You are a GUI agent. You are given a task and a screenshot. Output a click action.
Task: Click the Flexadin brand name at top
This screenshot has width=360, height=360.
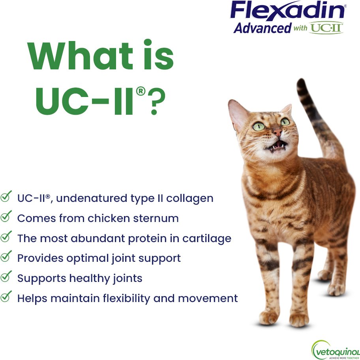click(x=288, y=10)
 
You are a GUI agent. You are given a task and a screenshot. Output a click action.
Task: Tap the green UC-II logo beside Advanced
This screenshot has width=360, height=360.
click(x=326, y=28)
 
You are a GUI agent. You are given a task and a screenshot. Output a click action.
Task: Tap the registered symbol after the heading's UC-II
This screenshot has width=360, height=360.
click(x=141, y=91)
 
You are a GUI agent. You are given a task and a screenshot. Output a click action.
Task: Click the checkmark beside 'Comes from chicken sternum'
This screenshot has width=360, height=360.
click(x=6, y=216)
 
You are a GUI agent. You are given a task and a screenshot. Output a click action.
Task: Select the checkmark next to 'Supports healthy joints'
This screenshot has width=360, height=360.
click(x=6, y=276)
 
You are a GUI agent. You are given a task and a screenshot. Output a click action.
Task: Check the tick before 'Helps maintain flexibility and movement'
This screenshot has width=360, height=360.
click(x=6, y=297)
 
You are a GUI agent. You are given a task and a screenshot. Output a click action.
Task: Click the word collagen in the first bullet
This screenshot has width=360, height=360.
click(x=189, y=199)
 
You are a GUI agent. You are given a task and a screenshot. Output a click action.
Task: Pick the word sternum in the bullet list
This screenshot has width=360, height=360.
click(x=156, y=218)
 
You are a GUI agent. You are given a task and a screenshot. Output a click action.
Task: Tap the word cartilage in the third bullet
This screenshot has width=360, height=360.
click(x=207, y=239)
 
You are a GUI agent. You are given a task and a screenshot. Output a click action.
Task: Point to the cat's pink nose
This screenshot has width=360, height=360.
click(x=277, y=132)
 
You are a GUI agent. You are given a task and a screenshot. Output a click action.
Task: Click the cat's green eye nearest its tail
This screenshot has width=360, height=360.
click(x=285, y=121)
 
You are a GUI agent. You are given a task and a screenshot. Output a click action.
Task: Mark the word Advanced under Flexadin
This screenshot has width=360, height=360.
click(x=262, y=28)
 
